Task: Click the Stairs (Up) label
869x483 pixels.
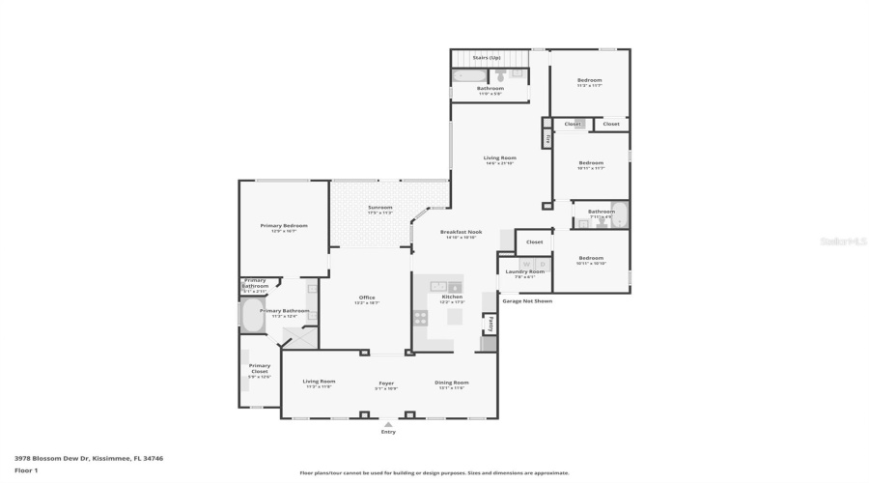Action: tap(487, 58)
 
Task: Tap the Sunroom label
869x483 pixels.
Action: tap(380, 208)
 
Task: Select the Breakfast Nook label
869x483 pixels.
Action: tap(461, 232)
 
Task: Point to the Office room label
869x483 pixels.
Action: tap(367, 298)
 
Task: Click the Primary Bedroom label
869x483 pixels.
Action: tap(283, 226)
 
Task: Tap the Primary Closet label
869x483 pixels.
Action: tap(260, 367)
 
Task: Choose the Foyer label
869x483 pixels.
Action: tap(386, 383)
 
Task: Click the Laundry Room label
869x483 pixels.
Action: tap(525, 271)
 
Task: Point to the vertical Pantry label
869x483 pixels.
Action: tap(491, 323)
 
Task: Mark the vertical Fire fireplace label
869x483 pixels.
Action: tap(547, 139)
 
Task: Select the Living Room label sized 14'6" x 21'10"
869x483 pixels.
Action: tap(499, 158)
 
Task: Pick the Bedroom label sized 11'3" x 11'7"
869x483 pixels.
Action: tap(589, 80)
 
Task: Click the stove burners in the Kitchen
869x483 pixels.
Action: tap(421, 317)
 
